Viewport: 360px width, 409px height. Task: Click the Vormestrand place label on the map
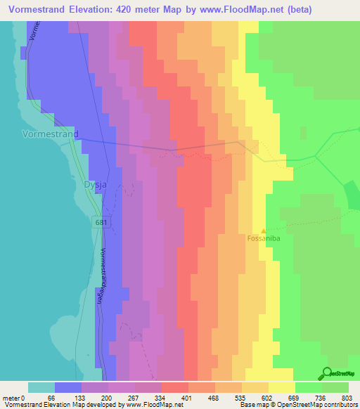50,133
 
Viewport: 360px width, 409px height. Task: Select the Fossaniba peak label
263,238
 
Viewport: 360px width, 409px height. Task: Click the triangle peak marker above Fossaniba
264,230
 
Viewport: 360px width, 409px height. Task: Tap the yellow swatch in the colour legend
282,387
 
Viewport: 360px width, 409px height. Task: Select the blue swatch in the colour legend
68,387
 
